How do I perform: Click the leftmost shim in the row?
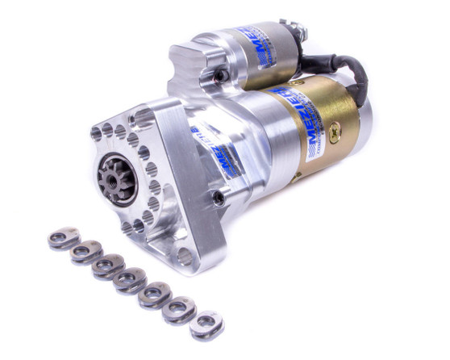click(x=65, y=238)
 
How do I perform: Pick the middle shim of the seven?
click(x=128, y=280)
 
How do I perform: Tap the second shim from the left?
click(x=85, y=253)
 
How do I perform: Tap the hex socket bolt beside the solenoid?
click(x=219, y=76)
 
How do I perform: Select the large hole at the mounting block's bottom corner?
click(x=185, y=257)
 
